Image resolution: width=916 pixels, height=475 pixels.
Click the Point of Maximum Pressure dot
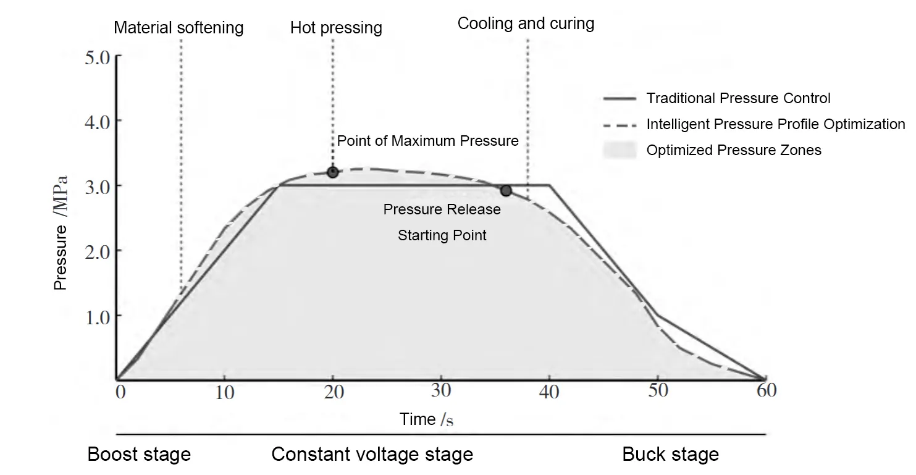pyautogui.click(x=333, y=172)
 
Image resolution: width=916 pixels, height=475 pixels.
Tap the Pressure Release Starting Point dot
pyautogui.click(x=506, y=190)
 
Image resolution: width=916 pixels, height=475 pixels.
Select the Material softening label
pyautogui.click(x=179, y=28)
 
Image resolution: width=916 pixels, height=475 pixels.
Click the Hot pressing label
pyautogui.click(x=336, y=28)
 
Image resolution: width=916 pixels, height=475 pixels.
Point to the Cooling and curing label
pyautogui.click(x=526, y=24)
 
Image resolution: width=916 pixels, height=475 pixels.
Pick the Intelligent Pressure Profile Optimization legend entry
pyautogui.click(x=775, y=124)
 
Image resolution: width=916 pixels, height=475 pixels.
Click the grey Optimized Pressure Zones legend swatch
pyautogui.click(x=620, y=150)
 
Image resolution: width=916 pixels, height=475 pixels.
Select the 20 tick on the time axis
pyautogui.click(x=333, y=392)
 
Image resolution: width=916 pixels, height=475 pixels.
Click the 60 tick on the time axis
pyautogui.click(x=765, y=392)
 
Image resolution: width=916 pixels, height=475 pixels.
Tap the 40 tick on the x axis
pyautogui.click(x=549, y=392)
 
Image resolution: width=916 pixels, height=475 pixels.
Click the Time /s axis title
pyautogui.click(x=427, y=419)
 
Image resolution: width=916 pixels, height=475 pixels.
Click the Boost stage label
pyautogui.click(x=139, y=455)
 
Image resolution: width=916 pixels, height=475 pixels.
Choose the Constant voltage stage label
pyautogui.click(x=372, y=455)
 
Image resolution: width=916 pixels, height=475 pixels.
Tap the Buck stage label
pyautogui.click(x=670, y=455)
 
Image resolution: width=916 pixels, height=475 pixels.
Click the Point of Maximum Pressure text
pyautogui.click(x=427, y=141)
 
